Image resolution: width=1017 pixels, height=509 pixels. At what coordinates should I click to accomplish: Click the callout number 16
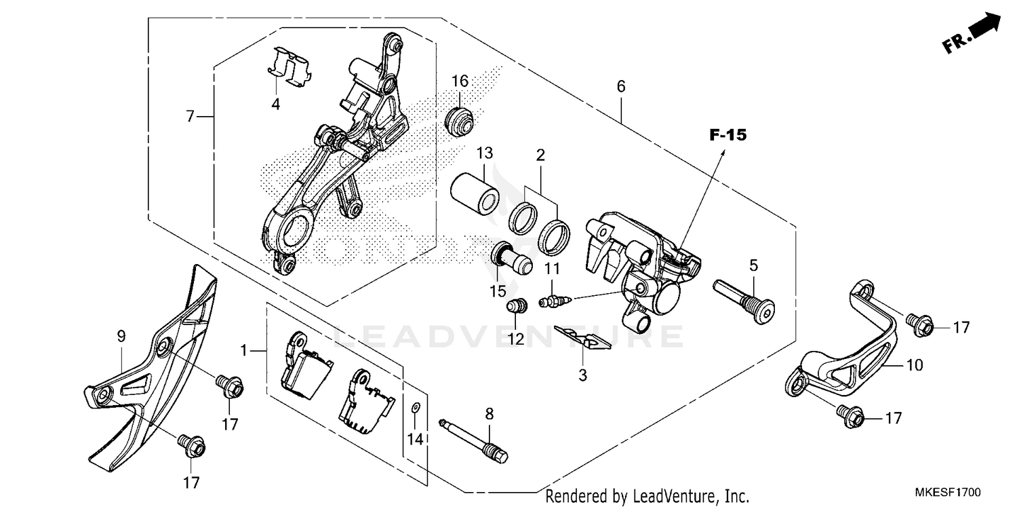coord(460,81)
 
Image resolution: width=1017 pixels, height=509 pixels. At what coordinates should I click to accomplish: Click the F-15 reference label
coord(727,135)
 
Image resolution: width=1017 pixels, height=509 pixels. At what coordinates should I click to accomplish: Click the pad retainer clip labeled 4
coord(286,68)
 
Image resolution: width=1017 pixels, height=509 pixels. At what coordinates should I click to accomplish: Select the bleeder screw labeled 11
coord(554,299)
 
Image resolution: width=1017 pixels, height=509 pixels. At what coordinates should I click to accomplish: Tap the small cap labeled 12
coord(517,306)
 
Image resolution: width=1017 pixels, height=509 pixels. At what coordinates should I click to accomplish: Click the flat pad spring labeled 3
coord(582,337)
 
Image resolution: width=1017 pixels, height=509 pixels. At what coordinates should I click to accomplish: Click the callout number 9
coord(121,335)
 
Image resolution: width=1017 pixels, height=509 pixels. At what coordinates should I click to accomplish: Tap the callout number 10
coord(915,365)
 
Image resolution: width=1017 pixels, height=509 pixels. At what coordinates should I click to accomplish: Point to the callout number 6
coord(621,87)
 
